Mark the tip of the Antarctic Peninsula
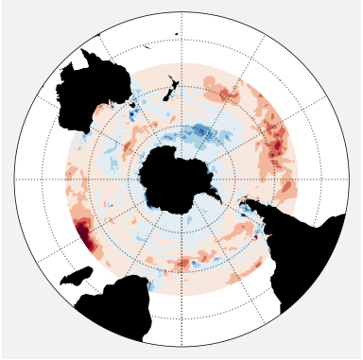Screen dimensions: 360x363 [220, 197]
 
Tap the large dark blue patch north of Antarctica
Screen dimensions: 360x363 [202, 132]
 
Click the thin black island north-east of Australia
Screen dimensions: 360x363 [147, 43]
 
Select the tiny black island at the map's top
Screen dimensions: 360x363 [176, 35]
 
